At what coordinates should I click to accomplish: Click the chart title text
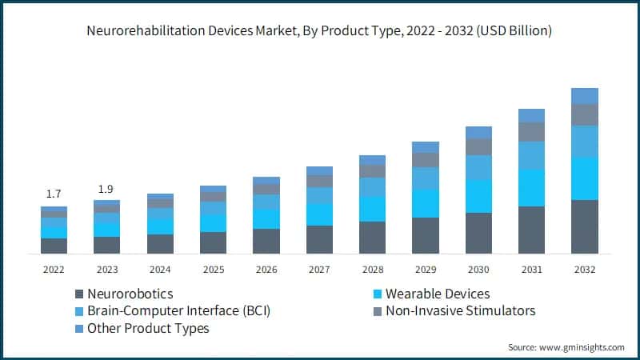320,31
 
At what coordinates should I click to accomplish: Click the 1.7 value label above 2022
54,194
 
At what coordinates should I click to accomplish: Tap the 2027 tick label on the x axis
319,270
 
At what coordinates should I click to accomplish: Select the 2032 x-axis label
585,270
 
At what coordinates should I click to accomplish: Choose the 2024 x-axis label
160,270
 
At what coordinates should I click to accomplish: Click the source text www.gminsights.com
566,346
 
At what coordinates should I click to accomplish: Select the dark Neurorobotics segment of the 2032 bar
585,226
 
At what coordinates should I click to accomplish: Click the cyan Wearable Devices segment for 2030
478,196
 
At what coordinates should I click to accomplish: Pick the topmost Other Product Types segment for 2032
585,95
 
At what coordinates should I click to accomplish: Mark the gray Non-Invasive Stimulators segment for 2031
532,131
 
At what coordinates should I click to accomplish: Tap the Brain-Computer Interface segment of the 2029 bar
426,178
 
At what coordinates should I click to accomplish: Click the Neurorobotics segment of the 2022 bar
54,246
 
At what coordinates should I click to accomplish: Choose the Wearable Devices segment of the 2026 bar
266,219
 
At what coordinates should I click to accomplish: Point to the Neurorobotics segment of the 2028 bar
372,238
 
